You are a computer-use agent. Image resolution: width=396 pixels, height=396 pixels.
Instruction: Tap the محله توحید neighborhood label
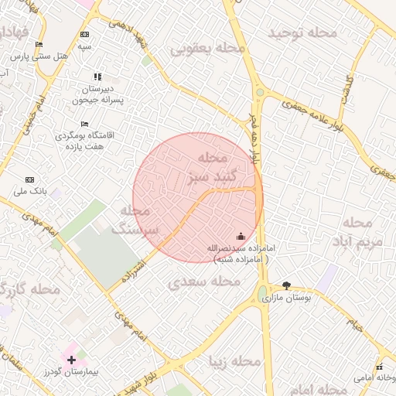point(302,33)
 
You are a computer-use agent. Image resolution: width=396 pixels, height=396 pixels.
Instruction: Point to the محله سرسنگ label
point(135,220)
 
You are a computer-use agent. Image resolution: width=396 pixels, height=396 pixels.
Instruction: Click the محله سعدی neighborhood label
point(204,281)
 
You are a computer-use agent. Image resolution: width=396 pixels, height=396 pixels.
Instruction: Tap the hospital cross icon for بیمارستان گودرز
point(72,360)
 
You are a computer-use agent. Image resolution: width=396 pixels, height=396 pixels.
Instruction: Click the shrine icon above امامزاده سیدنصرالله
point(240,236)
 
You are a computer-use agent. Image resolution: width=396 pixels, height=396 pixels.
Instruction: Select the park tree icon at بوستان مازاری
point(287,286)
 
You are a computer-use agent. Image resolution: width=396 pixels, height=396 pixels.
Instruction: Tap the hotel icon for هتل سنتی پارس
point(39,45)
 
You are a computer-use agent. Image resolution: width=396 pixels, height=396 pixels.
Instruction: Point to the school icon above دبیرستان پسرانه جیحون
point(97,77)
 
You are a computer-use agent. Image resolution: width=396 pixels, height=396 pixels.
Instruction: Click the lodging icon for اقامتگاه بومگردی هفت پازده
point(84,124)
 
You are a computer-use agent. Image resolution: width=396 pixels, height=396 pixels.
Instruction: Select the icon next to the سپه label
point(84,35)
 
